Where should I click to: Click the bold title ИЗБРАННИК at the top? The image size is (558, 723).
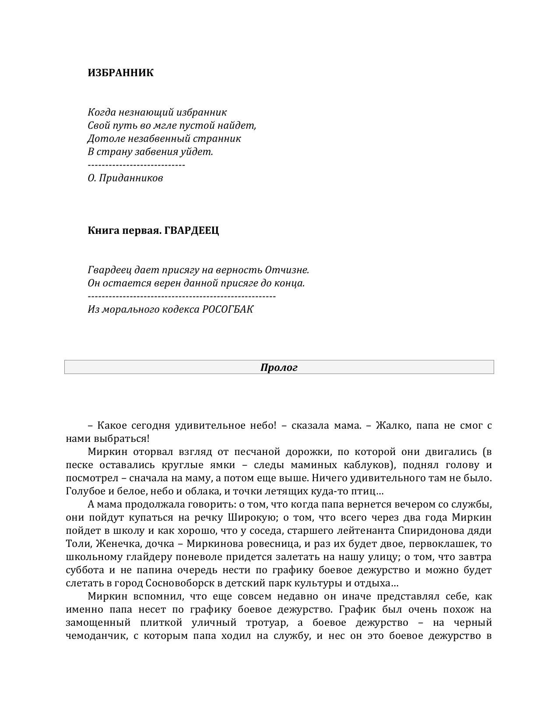(x=120, y=73)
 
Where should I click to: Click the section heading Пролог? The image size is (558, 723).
(x=279, y=367)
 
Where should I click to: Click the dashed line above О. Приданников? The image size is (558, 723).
(x=136, y=165)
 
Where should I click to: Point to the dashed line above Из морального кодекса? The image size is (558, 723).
(x=182, y=296)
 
